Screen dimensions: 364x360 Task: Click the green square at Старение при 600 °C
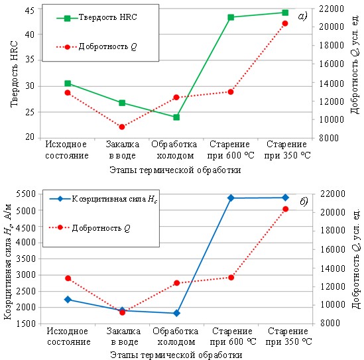coord(231,17)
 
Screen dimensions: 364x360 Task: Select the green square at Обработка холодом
coord(176,117)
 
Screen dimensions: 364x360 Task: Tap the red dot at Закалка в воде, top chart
coord(122,127)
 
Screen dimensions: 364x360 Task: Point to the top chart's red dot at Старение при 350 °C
coord(285,23)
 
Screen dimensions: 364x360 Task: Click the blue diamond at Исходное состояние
coord(68,300)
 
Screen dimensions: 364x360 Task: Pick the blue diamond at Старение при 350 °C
coord(286,198)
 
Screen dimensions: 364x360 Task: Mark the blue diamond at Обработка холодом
coord(176,313)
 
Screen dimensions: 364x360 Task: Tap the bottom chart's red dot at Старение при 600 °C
coord(231,277)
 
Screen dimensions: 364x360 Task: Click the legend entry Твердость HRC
coord(97,17)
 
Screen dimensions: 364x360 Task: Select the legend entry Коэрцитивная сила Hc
coord(103,199)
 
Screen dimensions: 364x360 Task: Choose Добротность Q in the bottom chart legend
coord(90,228)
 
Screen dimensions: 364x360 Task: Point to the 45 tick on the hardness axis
coord(29,10)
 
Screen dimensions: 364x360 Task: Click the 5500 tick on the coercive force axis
coord(26,194)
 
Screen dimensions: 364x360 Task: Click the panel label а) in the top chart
coord(302,17)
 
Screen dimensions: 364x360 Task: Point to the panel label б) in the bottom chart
coord(304,202)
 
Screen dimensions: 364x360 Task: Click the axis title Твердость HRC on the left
coord(14,74)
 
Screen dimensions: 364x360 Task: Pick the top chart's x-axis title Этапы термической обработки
coord(175,170)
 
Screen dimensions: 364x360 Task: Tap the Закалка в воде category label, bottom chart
coord(124,337)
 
